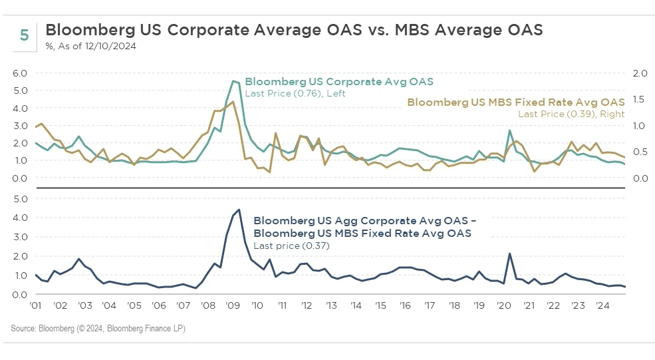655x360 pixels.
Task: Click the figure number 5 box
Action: (x=24, y=35)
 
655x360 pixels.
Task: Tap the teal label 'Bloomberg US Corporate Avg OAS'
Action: (x=339, y=82)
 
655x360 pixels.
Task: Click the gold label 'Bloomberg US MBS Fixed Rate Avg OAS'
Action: (x=515, y=102)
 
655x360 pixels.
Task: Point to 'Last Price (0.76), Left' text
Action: (x=295, y=94)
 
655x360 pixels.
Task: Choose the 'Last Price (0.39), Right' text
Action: (x=571, y=114)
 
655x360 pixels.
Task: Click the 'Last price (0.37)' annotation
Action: (x=292, y=246)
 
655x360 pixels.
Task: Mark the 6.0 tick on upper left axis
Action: (x=21, y=73)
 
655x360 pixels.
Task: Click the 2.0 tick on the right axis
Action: (x=638, y=73)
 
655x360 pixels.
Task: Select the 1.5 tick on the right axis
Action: (x=638, y=99)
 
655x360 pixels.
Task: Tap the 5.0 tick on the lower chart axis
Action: (x=21, y=198)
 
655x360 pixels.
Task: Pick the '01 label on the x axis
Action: (x=37, y=306)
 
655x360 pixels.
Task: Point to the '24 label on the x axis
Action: (x=601, y=306)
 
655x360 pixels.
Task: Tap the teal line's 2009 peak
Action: (x=233, y=81)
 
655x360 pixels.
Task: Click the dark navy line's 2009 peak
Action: (x=238, y=210)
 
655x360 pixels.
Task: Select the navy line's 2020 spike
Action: (x=509, y=254)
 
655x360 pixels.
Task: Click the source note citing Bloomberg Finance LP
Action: (x=98, y=328)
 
